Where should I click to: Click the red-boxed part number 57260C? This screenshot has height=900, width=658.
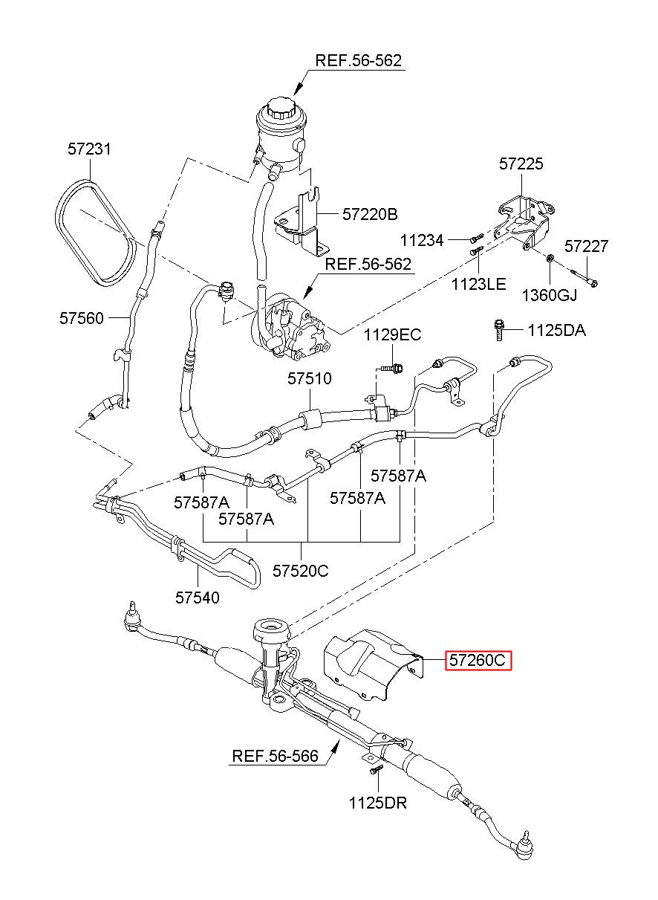click(478, 660)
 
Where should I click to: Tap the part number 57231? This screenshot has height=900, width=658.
click(89, 149)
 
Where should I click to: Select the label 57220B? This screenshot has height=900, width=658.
click(370, 214)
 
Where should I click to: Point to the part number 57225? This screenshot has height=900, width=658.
click(521, 164)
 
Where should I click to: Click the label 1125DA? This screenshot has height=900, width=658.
click(556, 330)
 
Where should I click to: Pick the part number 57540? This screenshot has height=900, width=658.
click(198, 598)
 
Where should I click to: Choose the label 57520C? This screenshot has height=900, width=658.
click(300, 570)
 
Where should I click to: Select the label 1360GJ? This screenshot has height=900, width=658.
click(550, 295)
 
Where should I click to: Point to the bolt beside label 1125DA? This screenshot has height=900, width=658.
click(499, 330)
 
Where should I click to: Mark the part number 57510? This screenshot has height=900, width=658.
click(310, 378)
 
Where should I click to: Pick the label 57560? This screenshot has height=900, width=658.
click(82, 318)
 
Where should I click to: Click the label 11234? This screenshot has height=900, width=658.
click(422, 240)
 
